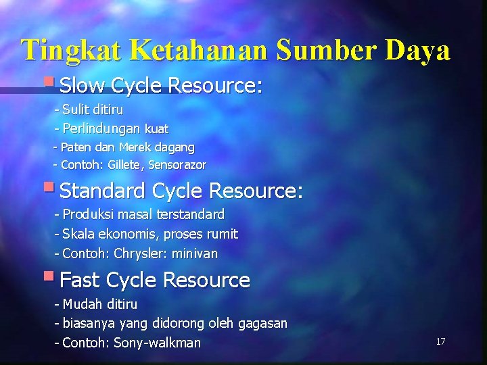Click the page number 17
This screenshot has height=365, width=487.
pos(440,341)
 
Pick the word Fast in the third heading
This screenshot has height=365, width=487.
pos(81,280)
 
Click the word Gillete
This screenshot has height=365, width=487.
pos(124,165)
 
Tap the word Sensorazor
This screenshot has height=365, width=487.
pos(177,165)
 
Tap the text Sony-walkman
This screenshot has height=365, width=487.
pos(158,343)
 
